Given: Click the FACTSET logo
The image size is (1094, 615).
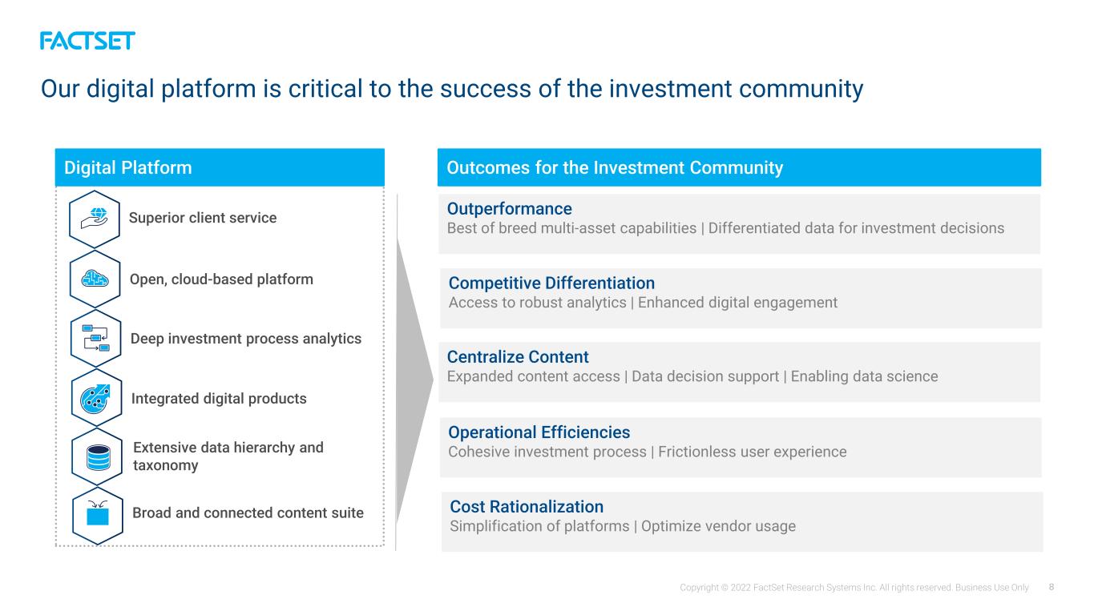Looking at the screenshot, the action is pyautogui.click(x=87, y=41).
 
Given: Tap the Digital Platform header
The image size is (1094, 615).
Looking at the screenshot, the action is pyautogui.click(x=220, y=167).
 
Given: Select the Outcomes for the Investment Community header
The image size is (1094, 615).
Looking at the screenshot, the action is pyautogui.click(x=739, y=167).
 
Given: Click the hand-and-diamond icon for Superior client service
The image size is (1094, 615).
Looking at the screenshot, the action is pyautogui.click(x=95, y=218).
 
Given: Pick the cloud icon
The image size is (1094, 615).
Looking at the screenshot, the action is pyautogui.click(x=95, y=279).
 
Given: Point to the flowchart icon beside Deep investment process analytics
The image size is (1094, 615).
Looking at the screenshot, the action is pyautogui.click(x=95, y=338).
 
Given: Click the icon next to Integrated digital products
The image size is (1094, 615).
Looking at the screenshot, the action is pyautogui.click(x=95, y=399).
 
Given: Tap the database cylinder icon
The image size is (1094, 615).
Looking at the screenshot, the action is pyautogui.click(x=98, y=458).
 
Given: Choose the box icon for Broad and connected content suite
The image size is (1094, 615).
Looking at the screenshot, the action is pyautogui.click(x=98, y=513).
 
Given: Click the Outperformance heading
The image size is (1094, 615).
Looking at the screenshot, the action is pyautogui.click(x=510, y=209).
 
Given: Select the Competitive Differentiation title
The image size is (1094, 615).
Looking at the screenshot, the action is pyautogui.click(x=551, y=283).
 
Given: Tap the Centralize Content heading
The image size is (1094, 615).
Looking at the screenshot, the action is pyautogui.click(x=518, y=357).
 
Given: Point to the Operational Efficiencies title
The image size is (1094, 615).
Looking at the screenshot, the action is pyautogui.click(x=539, y=432).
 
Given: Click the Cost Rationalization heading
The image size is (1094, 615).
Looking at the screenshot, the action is pyautogui.click(x=527, y=507).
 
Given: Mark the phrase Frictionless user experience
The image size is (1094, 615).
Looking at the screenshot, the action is pyautogui.click(x=752, y=452).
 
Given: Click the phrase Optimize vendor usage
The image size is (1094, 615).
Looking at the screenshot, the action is pyautogui.click(x=718, y=526).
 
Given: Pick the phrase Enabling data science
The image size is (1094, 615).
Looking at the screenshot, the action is pyautogui.click(x=865, y=376).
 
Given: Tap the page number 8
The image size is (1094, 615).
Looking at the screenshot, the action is pyautogui.click(x=1052, y=587).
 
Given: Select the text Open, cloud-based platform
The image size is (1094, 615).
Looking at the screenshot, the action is pyautogui.click(x=221, y=279).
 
